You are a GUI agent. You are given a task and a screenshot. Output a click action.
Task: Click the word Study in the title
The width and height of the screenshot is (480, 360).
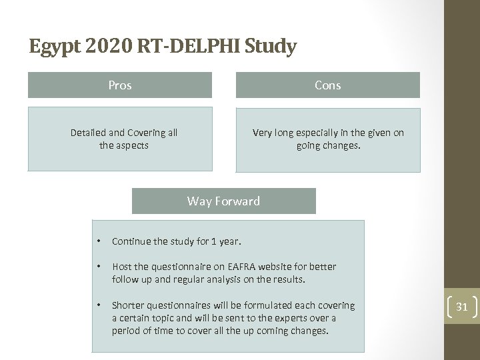coord(270,47)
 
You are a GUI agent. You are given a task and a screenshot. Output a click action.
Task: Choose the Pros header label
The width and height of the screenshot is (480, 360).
coord(120,85)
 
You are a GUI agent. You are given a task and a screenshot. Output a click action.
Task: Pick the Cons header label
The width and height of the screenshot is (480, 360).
coord(327,85)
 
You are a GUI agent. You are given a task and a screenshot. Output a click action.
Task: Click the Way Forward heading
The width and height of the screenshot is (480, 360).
coord(223,201)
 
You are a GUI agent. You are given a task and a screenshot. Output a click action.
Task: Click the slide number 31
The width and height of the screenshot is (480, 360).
coord(461,307)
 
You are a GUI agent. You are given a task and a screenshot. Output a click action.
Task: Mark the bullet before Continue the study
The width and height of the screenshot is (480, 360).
coord(98,241)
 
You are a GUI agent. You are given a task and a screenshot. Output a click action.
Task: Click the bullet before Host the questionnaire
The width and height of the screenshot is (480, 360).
coord(98,267)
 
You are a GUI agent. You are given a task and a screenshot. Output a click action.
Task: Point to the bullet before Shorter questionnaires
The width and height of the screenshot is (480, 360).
coord(98,305)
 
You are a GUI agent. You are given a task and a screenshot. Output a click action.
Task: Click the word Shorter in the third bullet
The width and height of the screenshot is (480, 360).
coord(131,305)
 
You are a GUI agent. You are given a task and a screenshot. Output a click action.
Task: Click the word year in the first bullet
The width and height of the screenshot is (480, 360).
coord(228,241)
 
